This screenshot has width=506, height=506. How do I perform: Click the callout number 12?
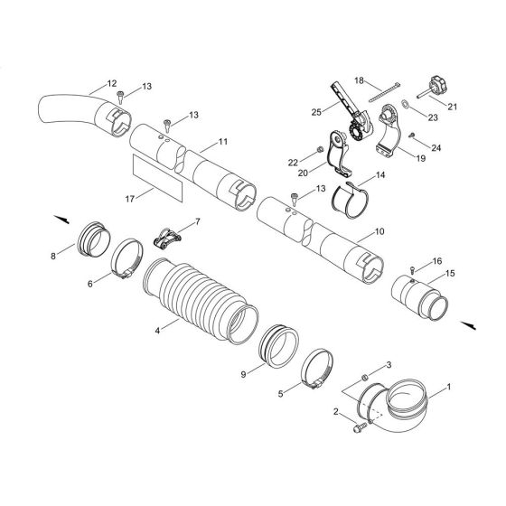[111, 83]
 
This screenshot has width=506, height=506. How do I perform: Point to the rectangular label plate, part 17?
[156, 176]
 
